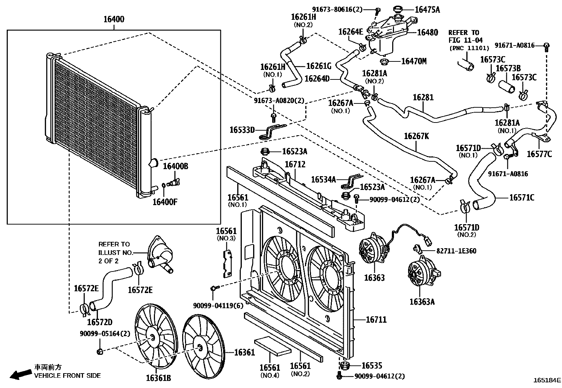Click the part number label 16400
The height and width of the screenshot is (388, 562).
114,19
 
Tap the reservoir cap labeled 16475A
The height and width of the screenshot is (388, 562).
397,10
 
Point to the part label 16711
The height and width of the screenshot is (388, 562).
376,320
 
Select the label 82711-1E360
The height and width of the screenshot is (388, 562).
456,251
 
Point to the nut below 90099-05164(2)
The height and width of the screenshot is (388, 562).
100,352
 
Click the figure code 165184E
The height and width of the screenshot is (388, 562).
547,380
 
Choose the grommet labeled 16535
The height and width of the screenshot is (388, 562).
345,365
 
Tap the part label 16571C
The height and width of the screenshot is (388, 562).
522,198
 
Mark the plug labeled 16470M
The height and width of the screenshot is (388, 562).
384,61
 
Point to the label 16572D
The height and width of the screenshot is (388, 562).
100,322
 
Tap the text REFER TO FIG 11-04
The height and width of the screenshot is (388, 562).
465,36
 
